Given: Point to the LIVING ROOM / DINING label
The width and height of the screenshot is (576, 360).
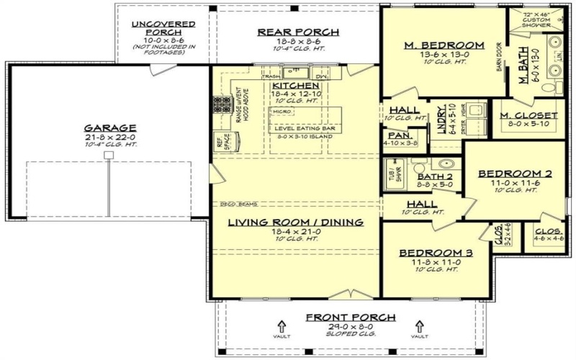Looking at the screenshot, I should (x=294, y=222).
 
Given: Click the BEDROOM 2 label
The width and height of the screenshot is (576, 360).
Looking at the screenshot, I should (x=515, y=174).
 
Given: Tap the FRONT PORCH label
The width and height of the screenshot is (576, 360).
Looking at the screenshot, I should (x=350, y=317).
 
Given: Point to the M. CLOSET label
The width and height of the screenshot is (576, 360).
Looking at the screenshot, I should (x=529, y=115).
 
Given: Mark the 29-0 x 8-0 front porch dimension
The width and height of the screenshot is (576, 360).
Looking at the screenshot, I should (x=350, y=326).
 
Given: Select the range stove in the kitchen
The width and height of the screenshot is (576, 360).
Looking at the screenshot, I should (x=218, y=108).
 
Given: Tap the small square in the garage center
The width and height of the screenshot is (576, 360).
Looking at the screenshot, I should (x=109, y=155).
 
